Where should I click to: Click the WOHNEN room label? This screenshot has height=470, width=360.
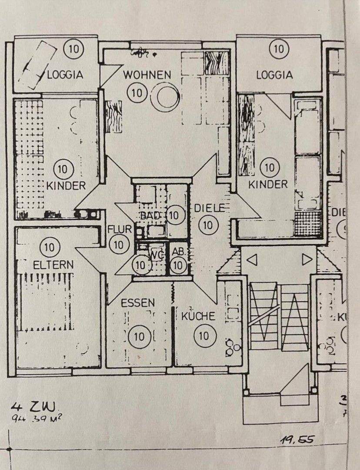coord(147,74)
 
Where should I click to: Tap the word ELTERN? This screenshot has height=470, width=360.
coord(53,264)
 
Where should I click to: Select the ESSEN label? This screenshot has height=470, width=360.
coord(138,302)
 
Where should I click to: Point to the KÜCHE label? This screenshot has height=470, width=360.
coord(198,316)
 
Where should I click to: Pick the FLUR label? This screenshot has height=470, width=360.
coord(119,229)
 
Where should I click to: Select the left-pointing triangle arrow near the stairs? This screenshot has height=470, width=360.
coord(252,260)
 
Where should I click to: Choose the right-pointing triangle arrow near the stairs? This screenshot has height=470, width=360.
coord(307,260)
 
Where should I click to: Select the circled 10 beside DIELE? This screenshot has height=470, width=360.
coord(208,225)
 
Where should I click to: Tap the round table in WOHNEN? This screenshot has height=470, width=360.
coord(167,97)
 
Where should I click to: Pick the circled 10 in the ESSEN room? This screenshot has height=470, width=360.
coord(140,336)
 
